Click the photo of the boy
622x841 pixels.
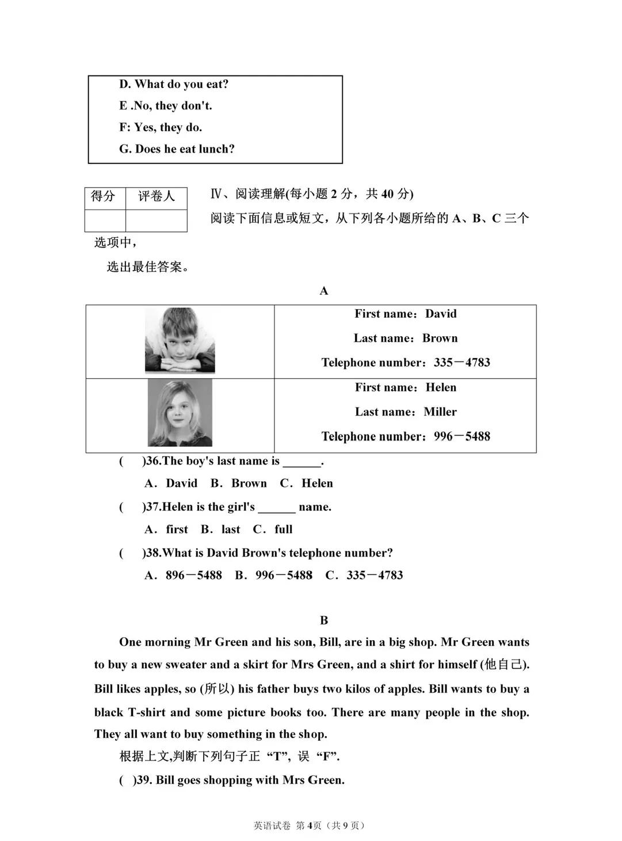coord(180,340)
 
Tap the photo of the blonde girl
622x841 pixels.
coord(180,412)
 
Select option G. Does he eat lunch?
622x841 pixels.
coord(177,149)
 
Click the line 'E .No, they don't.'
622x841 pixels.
coord(166,106)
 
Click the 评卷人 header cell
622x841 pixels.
coord(156,197)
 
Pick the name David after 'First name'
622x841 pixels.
coord(441,314)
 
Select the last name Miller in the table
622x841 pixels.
coord(440,412)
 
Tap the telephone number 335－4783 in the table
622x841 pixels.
coord(462,363)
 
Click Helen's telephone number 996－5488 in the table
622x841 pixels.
coord(462,436)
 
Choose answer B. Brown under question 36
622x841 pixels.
coord(239,484)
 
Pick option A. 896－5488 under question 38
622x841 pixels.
coord(184,575)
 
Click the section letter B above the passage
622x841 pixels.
coord(324,621)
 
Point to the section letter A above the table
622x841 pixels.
coord(324,291)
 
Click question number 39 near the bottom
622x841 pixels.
coord(144,781)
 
